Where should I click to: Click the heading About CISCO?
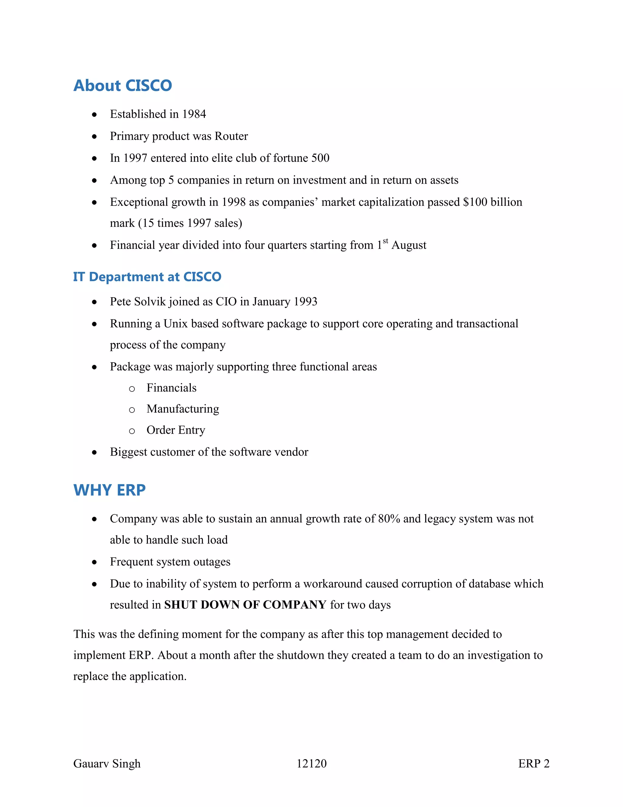(123, 86)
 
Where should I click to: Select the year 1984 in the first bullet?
(194, 114)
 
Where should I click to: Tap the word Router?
(231, 136)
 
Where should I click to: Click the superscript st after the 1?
(385, 241)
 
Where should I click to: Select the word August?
(409, 245)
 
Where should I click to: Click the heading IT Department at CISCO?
(147, 277)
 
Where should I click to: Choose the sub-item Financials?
(171, 388)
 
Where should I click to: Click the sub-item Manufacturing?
(183, 409)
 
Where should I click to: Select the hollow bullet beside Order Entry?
(132, 431)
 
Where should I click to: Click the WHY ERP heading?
(109, 490)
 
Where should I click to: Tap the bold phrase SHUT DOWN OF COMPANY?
(245, 605)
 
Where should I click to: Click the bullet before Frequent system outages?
(95, 562)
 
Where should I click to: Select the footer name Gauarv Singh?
(107, 763)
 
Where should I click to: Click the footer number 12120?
(311, 763)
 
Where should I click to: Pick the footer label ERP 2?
(533, 763)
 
